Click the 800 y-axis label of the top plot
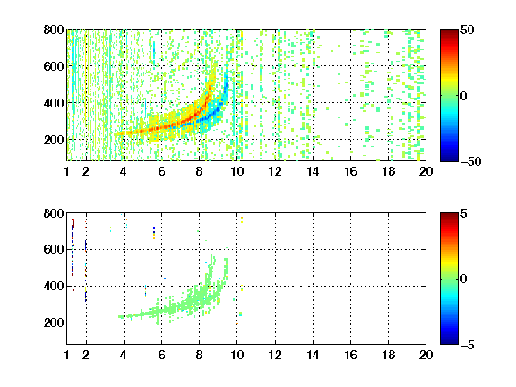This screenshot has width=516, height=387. point(54,30)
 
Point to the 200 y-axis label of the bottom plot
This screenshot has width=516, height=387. point(54,322)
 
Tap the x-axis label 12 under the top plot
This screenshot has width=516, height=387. point(275,171)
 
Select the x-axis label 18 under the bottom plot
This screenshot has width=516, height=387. point(388,355)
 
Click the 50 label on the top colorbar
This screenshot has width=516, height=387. point(467,30)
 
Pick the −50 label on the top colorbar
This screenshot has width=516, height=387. point(471,161)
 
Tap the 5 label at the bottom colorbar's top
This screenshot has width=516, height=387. point(464,213)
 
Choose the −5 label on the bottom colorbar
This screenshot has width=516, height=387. point(468,345)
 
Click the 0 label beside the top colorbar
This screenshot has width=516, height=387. point(464,96)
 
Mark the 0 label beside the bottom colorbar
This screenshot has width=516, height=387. point(464,279)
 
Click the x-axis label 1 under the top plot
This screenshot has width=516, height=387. point(67,171)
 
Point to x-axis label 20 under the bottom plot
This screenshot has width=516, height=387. point(426,355)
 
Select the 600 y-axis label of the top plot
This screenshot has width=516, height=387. point(54,66)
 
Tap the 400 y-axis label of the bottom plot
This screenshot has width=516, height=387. point(54,286)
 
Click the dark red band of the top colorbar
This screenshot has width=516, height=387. point(449,34)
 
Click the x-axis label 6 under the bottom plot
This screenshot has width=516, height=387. point(161,355)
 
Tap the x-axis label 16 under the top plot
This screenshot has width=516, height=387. point(350,171)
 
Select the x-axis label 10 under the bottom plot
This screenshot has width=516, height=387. point(236,355)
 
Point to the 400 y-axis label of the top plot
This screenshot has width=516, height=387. point(54,103)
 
